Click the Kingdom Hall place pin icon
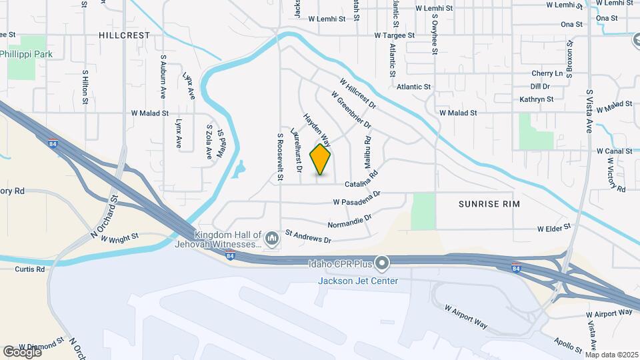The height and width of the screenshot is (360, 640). (271, 238)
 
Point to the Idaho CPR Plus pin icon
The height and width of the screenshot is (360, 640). (382, 265)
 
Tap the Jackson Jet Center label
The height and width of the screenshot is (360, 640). (357, 281)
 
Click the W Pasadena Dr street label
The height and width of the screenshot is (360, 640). (356, 198)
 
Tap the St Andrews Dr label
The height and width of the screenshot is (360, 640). (308, 236)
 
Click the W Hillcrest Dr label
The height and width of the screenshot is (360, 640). (358, 93)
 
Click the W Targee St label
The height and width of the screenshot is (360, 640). (394, 34)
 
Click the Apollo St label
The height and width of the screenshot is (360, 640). (568, 344)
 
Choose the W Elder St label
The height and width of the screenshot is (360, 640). (555, 227)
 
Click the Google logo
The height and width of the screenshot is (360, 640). (22, 351)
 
